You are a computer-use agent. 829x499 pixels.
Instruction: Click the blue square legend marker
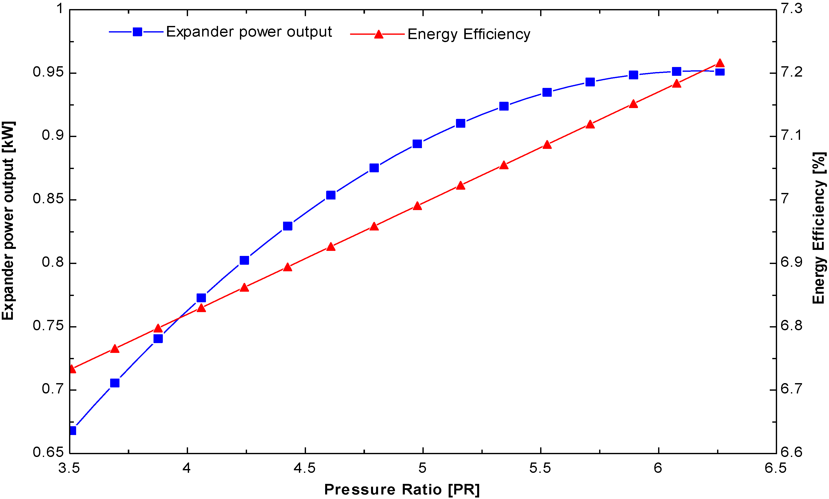pos(137,32)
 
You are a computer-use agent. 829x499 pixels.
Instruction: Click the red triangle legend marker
pos(379,34)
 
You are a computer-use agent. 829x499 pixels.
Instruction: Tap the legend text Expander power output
pos(249,32)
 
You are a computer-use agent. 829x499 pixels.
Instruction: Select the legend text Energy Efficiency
pos(469,34)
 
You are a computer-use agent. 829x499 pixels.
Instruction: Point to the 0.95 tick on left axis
pos(48,72)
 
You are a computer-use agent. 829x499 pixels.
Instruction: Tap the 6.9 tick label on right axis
pos(791,262)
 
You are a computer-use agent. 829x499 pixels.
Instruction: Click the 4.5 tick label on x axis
pos(304,468)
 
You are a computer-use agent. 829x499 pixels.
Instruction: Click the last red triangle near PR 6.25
pos(720,63)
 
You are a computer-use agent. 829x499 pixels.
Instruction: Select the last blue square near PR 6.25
pos(720,72)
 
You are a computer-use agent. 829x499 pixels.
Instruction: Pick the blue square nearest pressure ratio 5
pos(417,144)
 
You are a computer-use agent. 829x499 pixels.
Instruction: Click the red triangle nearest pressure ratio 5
pos(417,206)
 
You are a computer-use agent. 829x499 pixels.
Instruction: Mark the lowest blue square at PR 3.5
pos(72,430)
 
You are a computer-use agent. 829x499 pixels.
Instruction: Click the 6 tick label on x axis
pos(658,468)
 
